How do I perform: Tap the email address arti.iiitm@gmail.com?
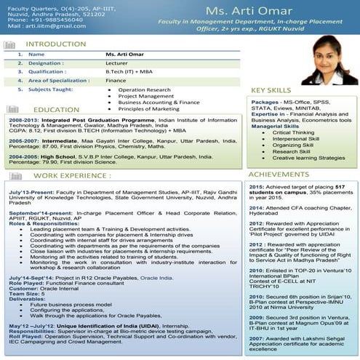point(52,25)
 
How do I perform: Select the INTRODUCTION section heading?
point(55,44)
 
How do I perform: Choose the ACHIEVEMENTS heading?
point(279,175)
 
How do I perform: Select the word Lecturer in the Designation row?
point(116,63)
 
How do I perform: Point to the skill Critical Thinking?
point(293,132)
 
